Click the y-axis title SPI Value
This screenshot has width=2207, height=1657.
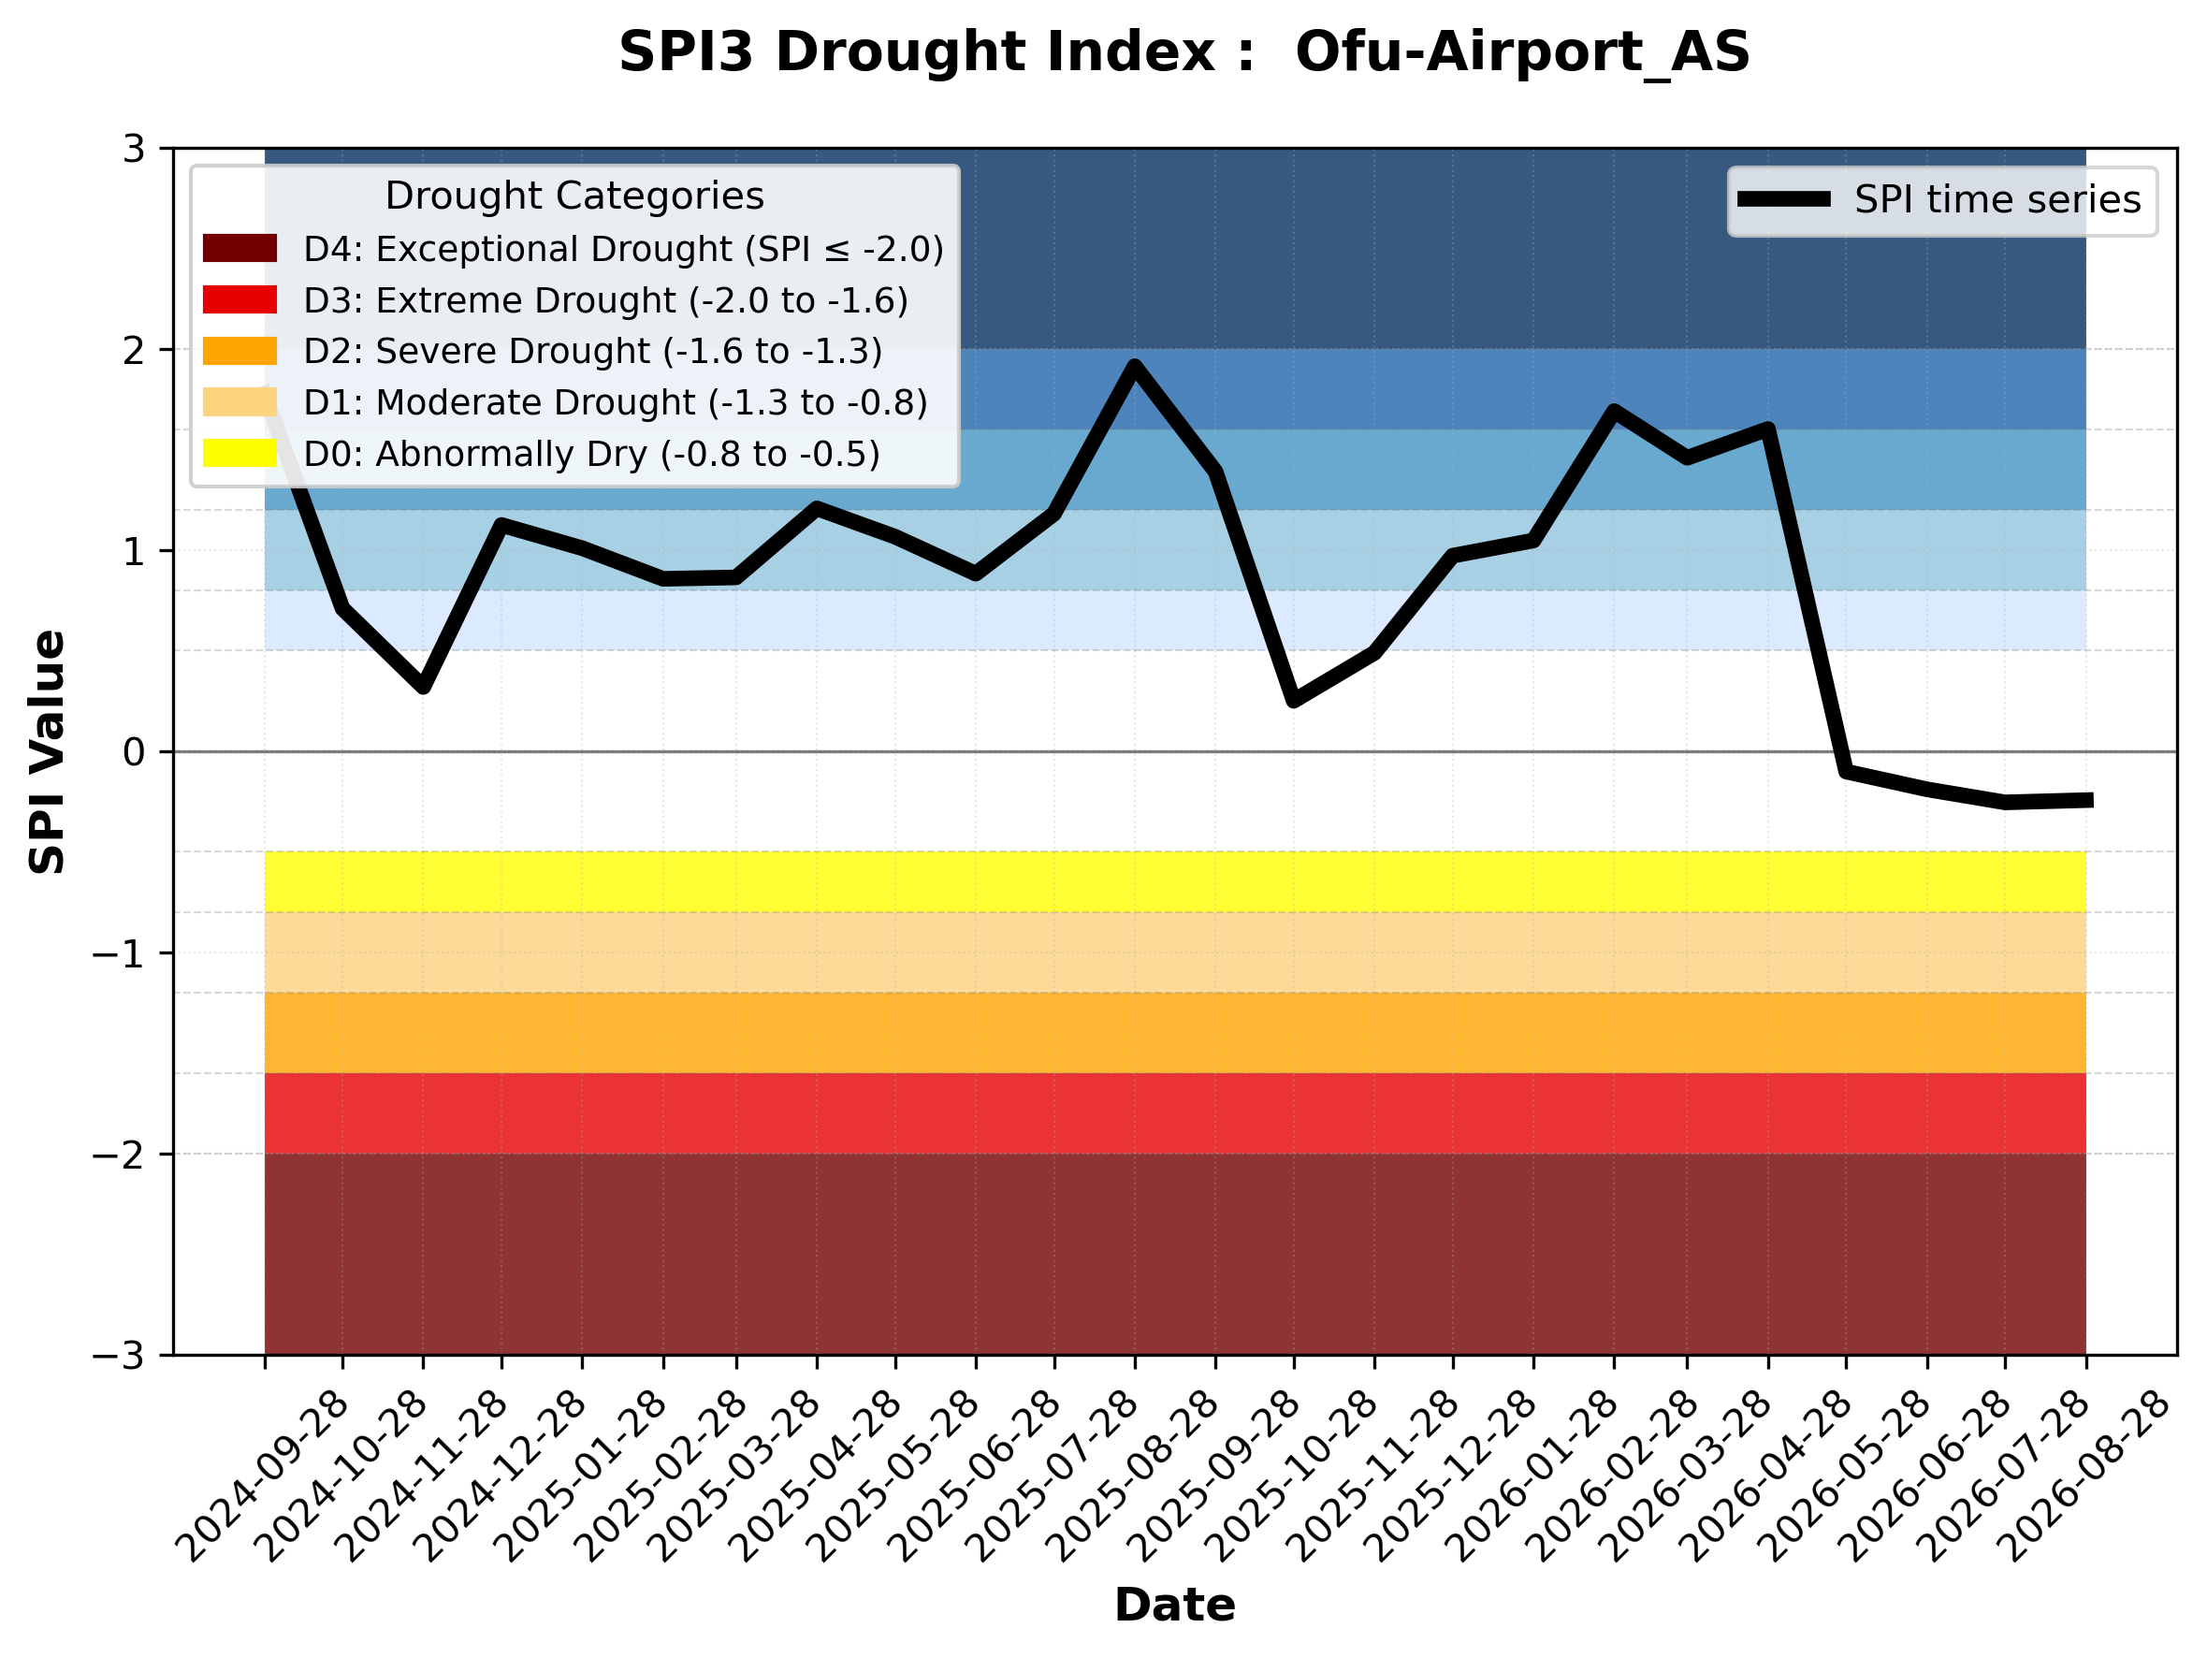pos(47,752)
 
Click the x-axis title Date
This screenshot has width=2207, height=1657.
pos(1174,1606)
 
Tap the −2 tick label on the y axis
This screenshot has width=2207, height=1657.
pos(119,1155)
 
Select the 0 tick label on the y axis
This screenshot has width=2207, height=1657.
pos(134,752)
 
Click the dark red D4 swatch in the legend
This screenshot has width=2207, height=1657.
pos(240,248)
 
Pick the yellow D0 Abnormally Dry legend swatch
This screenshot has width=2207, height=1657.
pos(240,453)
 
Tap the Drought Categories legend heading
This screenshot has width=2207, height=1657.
pos(574,196)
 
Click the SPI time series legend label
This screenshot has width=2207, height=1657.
pos(1997,199)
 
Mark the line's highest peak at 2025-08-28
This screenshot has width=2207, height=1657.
pos(1135,365)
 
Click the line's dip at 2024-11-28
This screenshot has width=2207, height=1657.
pos(423,687)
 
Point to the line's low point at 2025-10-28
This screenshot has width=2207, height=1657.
pos(1294,700)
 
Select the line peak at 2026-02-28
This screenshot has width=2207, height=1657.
pos(1613,410)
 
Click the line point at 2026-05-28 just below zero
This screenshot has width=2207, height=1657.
pos(1847,772)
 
